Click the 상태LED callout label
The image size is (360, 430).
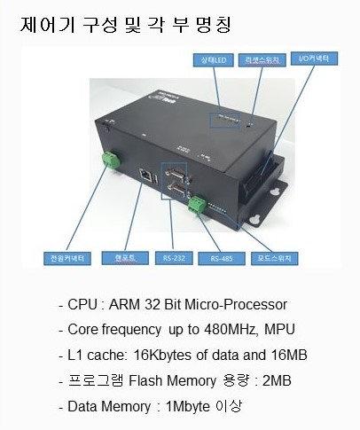click(x=214, y=60)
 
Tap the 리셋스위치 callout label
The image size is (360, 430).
click(x=262, y=60)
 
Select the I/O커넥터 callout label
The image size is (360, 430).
click(x=314, y=59)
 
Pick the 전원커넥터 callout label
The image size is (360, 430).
click(x=67, y=259)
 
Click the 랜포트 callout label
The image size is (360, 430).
click(x=125, y=258)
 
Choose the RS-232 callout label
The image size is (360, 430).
click(x=174, y=258)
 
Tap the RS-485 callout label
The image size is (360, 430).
click(x=222, y=259)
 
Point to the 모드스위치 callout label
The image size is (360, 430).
click(x=275, y=259)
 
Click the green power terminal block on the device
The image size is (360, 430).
click(x=111, y=160)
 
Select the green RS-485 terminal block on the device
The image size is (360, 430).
click(x=197, y=205)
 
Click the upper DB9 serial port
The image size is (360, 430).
click(x=175, y=173)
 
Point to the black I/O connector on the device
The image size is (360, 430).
click(x=261, y=175)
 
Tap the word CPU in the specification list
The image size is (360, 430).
click(x=82, y=304)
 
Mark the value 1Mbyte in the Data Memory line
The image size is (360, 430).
click(x=188, y=406)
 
